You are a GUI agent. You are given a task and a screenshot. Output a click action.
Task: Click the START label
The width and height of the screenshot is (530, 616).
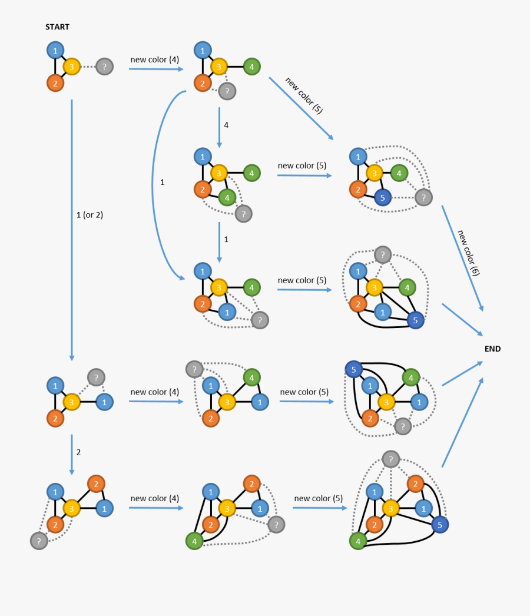(x=57, y=27)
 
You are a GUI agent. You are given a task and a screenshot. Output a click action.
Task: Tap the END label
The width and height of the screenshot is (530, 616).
(x=492, y=349)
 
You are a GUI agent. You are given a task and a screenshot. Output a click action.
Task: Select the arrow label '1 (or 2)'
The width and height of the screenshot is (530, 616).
(x=90, y=215)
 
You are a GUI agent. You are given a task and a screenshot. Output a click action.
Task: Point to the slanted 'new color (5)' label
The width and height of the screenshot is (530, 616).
(x=304, y=94)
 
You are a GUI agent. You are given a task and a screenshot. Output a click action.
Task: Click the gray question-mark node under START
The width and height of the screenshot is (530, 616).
(x=104, y=67)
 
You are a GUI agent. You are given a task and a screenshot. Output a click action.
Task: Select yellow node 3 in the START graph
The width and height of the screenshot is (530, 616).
(x=71, y=67)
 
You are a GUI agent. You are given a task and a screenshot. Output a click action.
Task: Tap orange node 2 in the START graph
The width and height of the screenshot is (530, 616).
(x=55, y=83)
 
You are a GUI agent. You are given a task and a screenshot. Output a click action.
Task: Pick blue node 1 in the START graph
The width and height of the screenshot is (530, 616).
(x=55, y=50)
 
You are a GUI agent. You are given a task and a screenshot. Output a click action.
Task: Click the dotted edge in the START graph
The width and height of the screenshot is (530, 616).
(x=88, y=67)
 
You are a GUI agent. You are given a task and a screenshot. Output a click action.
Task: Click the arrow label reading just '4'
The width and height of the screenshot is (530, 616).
(x=226, y=125)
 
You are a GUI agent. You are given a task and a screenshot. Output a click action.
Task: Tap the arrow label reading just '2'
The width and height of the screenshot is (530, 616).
(x=78, y=452)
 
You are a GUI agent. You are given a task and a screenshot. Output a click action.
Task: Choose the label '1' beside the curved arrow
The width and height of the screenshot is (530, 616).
(x=163, y=183)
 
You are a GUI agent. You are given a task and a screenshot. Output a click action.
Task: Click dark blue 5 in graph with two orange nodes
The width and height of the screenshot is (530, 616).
(x=439, y=524)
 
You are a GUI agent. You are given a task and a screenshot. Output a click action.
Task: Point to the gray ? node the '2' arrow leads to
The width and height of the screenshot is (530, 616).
(x=39, y=541)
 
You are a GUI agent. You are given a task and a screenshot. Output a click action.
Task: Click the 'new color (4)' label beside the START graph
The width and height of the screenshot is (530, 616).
(x=154, y=59)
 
